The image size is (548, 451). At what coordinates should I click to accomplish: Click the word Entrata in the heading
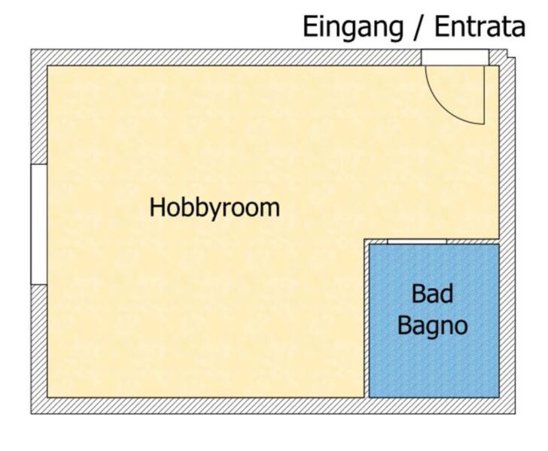point(479,27)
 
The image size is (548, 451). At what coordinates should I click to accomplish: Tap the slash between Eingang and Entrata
point(419,28)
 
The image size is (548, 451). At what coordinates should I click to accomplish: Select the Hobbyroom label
point(215,209)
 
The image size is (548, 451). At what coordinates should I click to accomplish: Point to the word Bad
point(432,294)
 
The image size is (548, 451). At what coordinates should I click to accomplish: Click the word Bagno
point(433,326)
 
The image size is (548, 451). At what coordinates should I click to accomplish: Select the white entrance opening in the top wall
point(455,57)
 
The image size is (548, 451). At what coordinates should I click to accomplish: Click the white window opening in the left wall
point(39,224)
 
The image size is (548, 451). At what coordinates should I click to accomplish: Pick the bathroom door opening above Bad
point(417,241)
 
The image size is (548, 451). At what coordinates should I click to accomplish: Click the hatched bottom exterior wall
point(272,406)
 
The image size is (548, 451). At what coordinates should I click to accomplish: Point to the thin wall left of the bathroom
point(367,319)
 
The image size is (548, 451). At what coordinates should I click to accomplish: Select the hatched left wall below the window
point(39,341)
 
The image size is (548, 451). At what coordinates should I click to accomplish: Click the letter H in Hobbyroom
point(157,207)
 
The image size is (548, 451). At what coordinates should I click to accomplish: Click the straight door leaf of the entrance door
point(484,95)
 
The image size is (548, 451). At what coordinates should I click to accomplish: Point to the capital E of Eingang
point(311,27)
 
